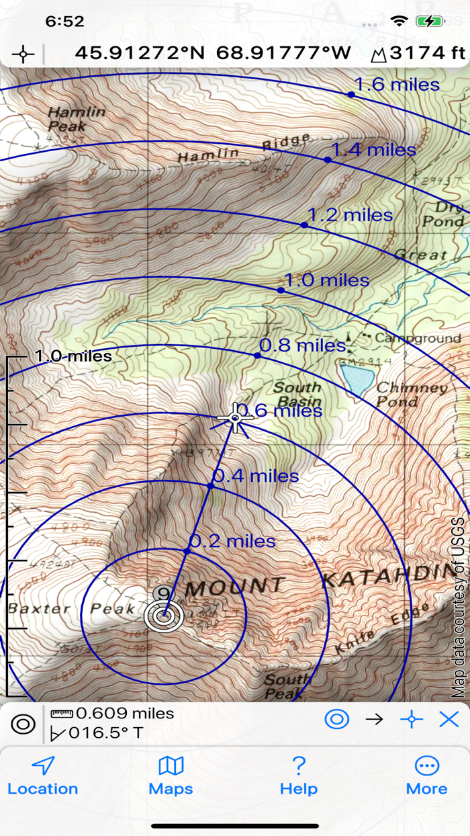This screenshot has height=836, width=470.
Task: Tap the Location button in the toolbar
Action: (43, 776)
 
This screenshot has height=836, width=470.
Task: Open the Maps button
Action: (171, 776)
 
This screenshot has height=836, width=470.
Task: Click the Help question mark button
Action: (299, 776)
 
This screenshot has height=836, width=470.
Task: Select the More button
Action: (426, 776)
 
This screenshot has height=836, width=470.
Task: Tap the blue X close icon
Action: (449, 720)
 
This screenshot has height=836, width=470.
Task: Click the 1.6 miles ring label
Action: (397, 85)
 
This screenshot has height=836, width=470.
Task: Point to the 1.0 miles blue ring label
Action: (327, 280)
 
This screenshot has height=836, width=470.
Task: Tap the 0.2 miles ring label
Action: (233, 541)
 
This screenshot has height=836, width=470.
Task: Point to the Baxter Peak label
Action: (71, 609)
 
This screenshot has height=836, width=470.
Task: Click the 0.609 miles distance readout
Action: (124, 714)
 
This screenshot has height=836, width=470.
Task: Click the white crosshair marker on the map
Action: (235, 419)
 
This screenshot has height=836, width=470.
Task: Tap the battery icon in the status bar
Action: (430, 22)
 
